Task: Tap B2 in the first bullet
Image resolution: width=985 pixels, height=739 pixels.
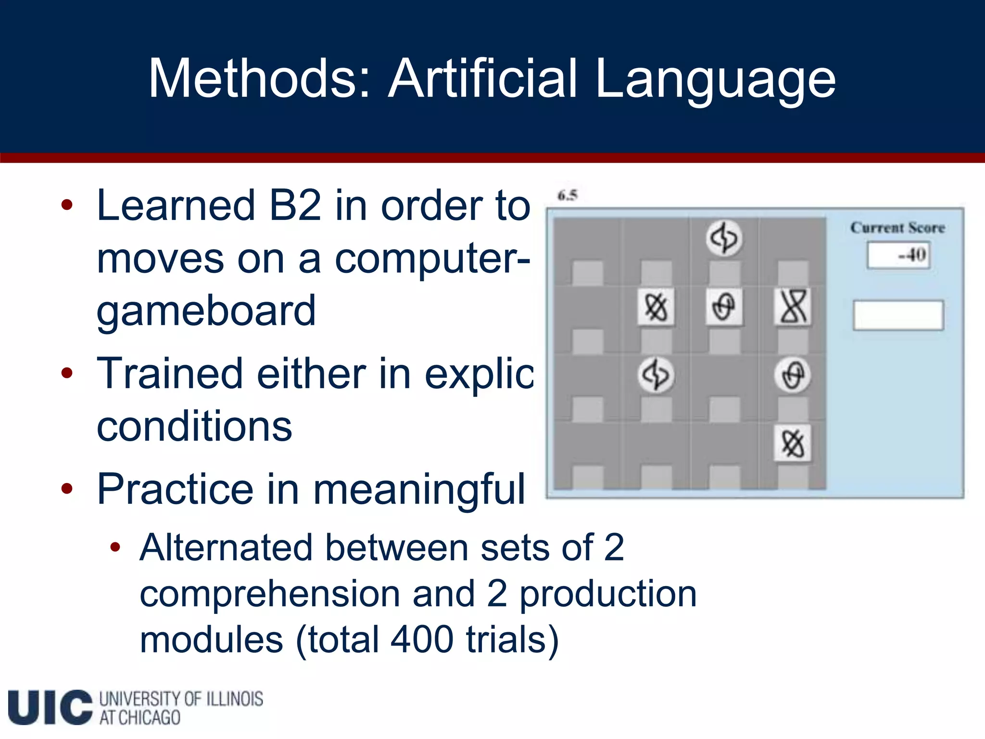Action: (295, 206)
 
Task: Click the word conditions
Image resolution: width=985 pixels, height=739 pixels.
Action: (194, 426)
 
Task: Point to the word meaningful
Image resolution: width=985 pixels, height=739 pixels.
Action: (419, 489)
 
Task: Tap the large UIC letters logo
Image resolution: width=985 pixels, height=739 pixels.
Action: (50, 707)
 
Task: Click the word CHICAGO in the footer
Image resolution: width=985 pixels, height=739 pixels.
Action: (149, 718)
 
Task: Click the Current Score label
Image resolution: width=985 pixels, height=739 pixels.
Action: (897, 228)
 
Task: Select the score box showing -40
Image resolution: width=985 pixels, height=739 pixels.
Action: (898, 255)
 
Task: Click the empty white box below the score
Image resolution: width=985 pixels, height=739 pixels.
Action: (898, 315)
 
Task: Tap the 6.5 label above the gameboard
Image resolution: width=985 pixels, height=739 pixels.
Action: (568, 195)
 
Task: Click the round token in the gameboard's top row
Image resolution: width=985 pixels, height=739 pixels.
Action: (724, 238)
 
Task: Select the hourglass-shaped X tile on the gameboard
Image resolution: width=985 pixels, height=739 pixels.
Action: (793, 306)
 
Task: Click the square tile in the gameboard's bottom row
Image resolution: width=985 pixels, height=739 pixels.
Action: (793, 443)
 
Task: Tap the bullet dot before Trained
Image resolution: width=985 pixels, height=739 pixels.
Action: (67, 373)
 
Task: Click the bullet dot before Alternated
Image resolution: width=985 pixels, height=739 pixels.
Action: (114, 547)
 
